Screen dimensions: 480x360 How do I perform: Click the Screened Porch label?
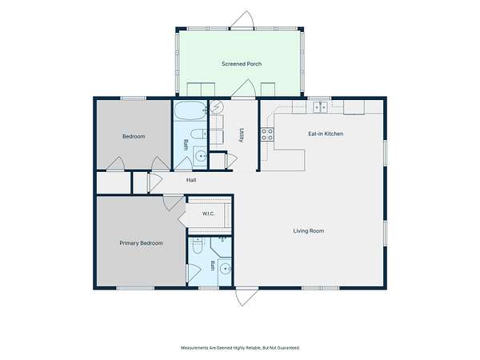[x=242, y=64]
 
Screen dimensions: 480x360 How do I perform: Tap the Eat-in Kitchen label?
[x=326, y=134]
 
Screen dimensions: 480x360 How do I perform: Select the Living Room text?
[x=309, y=231]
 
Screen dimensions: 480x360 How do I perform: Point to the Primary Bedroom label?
[x=141, y=243]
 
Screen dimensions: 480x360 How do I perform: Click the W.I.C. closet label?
[x=208, y=214]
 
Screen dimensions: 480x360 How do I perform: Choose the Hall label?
[x=191, y=180]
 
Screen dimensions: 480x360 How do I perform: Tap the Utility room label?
[x=242, y=135]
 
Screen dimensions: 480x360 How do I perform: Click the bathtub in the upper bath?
[x=190, y=110]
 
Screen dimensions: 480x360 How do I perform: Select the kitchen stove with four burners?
[x=267, y=134]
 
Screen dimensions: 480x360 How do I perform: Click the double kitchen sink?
[x=320, y=107]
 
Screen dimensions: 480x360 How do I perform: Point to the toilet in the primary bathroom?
[x=197, y=246]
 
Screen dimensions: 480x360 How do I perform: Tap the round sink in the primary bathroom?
[x=226, y=269]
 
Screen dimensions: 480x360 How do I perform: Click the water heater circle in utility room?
[x=217, y=107]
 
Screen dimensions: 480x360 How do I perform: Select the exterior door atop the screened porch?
[x=242, y=19]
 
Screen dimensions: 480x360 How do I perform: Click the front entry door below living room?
[x=246, y=296]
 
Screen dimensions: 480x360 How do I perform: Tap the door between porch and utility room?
[x=243, y=89]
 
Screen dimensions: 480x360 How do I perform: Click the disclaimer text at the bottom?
[x=240, y=348]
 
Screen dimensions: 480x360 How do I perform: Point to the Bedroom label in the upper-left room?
[x=134, y=137]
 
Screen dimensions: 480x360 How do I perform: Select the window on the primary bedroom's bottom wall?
[x=136, y=288]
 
